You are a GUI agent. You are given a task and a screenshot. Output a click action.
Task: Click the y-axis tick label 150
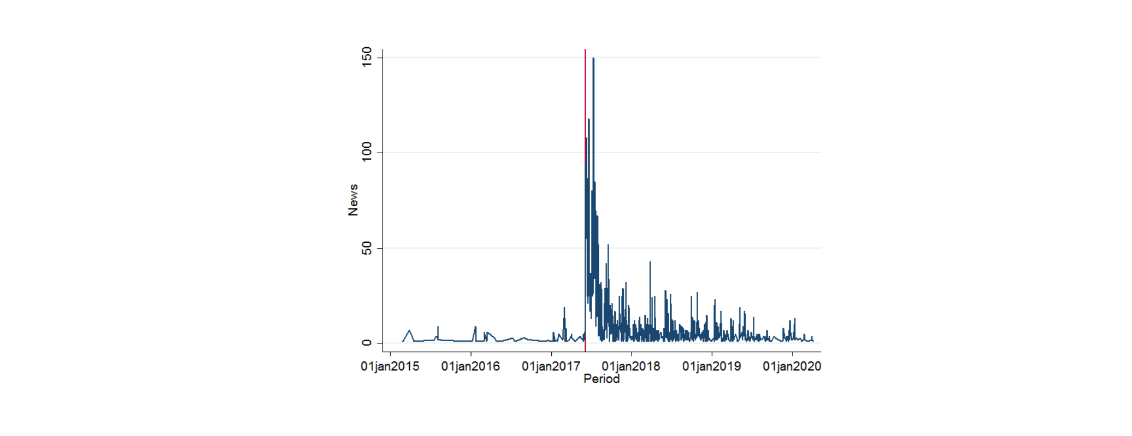pyautogui.click(x=367, y=57)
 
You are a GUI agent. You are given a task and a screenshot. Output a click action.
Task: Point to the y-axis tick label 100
pyautogui.click(x=367, y=152)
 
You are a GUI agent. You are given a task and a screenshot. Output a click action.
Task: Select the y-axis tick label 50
pyautogui.click(x=367, y=248)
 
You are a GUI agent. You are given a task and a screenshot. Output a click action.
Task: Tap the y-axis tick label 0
pyautogui.click(x=367, y=343)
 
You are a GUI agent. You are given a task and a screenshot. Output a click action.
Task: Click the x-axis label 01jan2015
pyautogui.click(x=390, y=366)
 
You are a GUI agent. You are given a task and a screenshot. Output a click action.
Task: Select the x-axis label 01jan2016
pyautogui.click(x=470, y=366)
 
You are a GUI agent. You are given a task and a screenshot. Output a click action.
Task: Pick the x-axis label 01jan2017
pyautogui.click(x=551, y=366)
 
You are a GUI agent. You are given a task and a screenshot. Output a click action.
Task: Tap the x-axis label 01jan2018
pyautogui.click(x=631, y=366)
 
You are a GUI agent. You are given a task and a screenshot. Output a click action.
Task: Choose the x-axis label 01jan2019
pyautogui.click(x=712, y=366)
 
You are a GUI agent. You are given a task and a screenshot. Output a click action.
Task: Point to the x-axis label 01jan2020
pyautogui.click(x=792, y=366)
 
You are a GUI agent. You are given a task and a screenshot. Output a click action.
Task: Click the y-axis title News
pyautogui.click(x=353, y=200)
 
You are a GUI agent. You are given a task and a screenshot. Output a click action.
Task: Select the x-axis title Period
pyautogui.click(x=601, y=379)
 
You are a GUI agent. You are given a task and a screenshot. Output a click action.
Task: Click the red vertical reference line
pyautogui.click(x=585, y=200)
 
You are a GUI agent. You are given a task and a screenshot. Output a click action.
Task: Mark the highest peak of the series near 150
pyautogui.click(x=593, y=58)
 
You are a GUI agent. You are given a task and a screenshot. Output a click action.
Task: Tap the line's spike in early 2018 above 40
pyautogui.click(x=650, y=262)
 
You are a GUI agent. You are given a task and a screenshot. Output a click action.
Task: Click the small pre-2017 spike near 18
pyautogui.click(x=564, y=308)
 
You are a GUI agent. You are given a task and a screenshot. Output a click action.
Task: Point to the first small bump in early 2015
pyautogui.click(x=410, y=331)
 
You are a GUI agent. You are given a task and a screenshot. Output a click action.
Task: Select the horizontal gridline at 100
pyautogui.click(x=601, y=153)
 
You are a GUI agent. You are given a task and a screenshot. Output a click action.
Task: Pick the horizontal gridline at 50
pyautogui.click(x=601, y=248)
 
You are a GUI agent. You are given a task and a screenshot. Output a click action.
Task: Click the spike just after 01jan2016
pyautogui.click(x=475, y=327)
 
